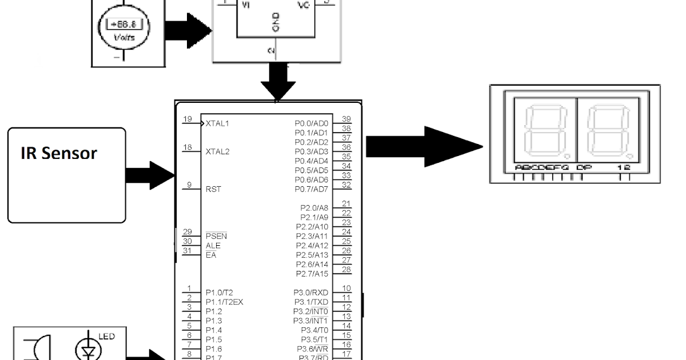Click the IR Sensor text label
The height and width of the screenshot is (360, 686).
(x=58, y=153)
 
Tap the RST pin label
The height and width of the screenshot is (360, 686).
(x=213, y=189)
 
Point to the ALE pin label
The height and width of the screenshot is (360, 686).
(x=213, y=246)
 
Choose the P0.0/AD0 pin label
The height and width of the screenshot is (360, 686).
(x=312, y=123)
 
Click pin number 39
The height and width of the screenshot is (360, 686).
(x=346, y=119)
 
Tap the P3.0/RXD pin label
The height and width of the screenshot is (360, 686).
(x=312, y=293)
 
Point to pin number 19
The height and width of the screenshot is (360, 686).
(x=188, y=119)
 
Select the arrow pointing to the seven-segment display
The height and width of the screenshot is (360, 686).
(x=423, y=147)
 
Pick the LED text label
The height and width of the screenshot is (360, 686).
(x=107, y=337)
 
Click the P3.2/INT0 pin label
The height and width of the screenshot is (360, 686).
(x=312, y=311)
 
